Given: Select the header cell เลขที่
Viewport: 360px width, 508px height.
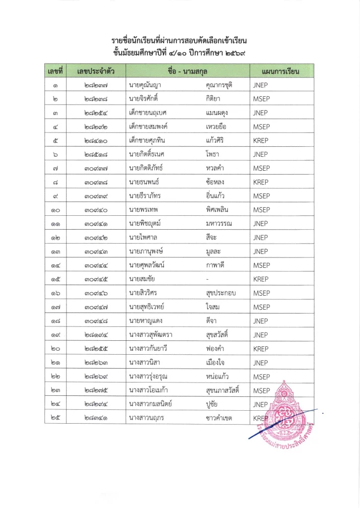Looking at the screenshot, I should point(54,71).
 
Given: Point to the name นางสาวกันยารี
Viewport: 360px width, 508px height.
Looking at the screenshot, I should point(149,349).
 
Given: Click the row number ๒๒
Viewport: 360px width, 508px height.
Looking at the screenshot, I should point(54,377).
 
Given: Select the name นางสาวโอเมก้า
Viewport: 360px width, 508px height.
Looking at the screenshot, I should point(150,390).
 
